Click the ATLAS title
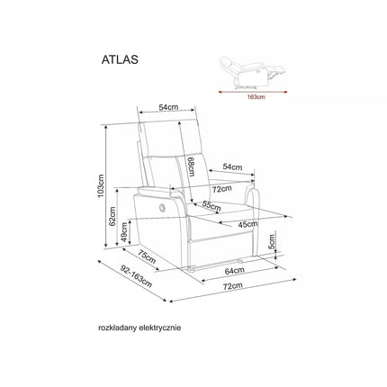point(120,59)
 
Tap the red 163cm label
point(256,97)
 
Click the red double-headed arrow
point(253,92)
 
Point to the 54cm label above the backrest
point(168,107)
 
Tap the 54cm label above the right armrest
point(232,167)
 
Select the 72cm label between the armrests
point(222,189)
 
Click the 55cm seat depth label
point(211,206)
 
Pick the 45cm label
point(248,224)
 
